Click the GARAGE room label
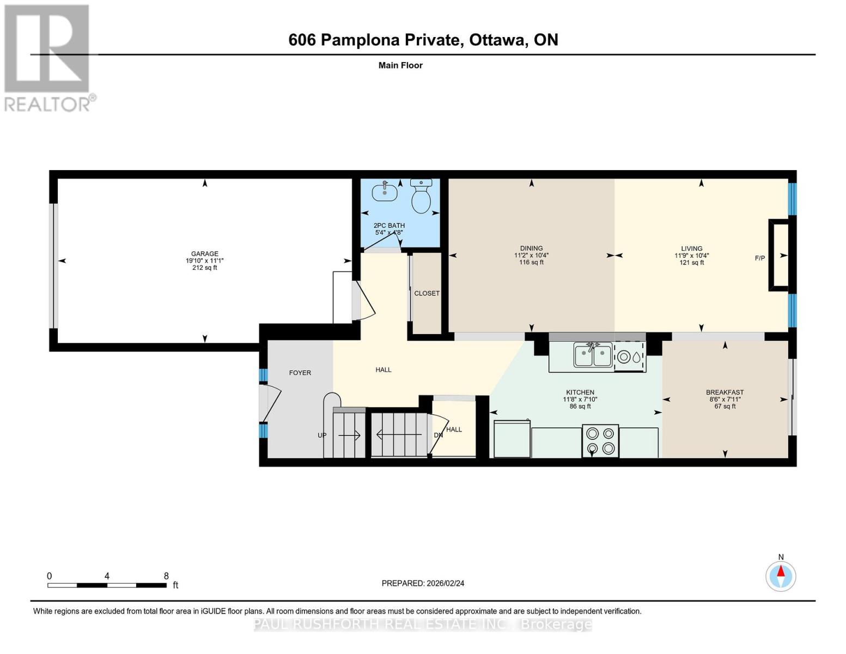(204, 253)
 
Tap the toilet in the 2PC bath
(421, 198)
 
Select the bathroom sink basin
(385, 192)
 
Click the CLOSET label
(427, 293)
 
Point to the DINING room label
(531, 248)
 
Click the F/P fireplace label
(759, 258)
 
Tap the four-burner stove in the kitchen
(600, 441)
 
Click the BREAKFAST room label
(725, 392)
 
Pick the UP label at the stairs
(322, 435)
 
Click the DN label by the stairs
(438, 435)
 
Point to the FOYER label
(300, 373)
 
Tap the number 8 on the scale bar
(166, 576)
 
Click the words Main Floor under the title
(400, 65)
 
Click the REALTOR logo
(48, 57)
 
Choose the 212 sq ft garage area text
(204, 268)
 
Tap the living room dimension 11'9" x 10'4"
(691, 255)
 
